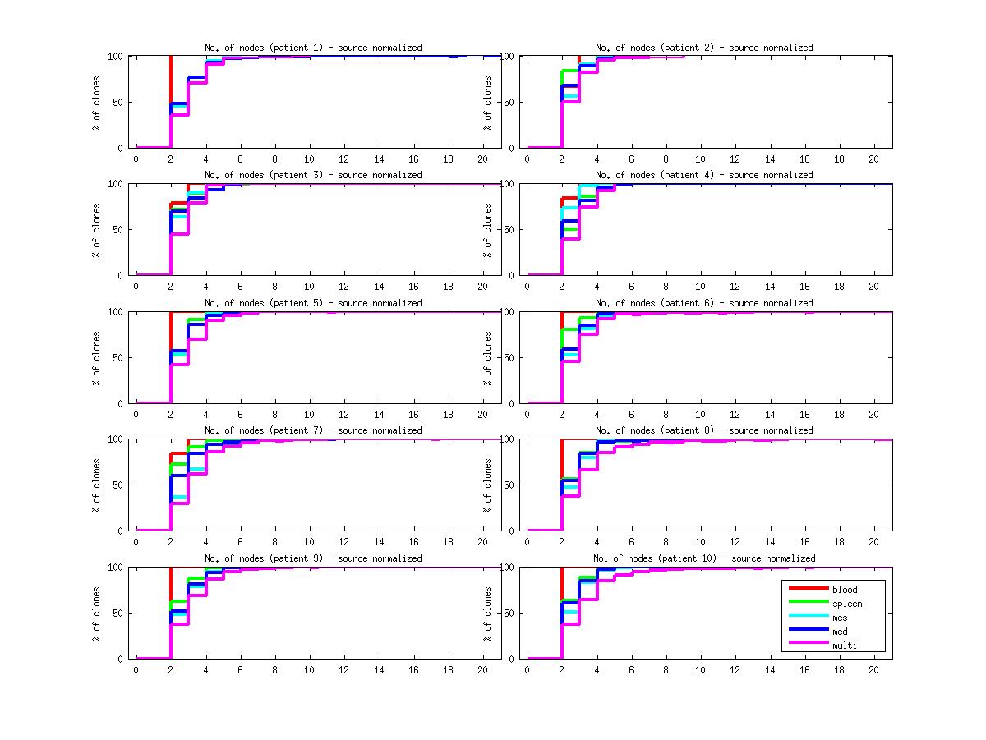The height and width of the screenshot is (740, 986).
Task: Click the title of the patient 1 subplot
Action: coord(313,48)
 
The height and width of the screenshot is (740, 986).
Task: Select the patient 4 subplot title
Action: coord(704,175)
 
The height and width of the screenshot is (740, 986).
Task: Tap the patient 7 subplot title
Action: coord(313,430)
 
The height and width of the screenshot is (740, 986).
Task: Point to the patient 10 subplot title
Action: coord(704,558)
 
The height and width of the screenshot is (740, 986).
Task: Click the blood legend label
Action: coord(845,590)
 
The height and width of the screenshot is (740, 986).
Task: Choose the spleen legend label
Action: coord(847,604)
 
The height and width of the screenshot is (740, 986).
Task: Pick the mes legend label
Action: coord(840,618)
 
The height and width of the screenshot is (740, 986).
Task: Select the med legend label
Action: coord(840,632)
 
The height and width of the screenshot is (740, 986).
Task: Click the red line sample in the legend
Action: coord(808,589)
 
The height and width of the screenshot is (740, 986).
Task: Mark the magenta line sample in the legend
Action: coord(808,645)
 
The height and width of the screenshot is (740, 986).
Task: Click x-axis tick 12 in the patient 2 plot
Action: coord(735,159)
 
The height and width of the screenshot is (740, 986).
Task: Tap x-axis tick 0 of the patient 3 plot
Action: coord(136,287)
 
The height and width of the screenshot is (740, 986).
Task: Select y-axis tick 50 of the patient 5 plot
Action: coord(120,357)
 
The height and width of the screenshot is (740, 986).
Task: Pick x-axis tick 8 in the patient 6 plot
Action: coord(666,414)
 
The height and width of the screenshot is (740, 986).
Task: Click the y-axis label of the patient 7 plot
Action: coord(97,485)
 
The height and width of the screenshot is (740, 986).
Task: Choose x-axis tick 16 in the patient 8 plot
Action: coord(804,542)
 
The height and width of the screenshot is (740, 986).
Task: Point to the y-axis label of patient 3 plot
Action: coord(97,229)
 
